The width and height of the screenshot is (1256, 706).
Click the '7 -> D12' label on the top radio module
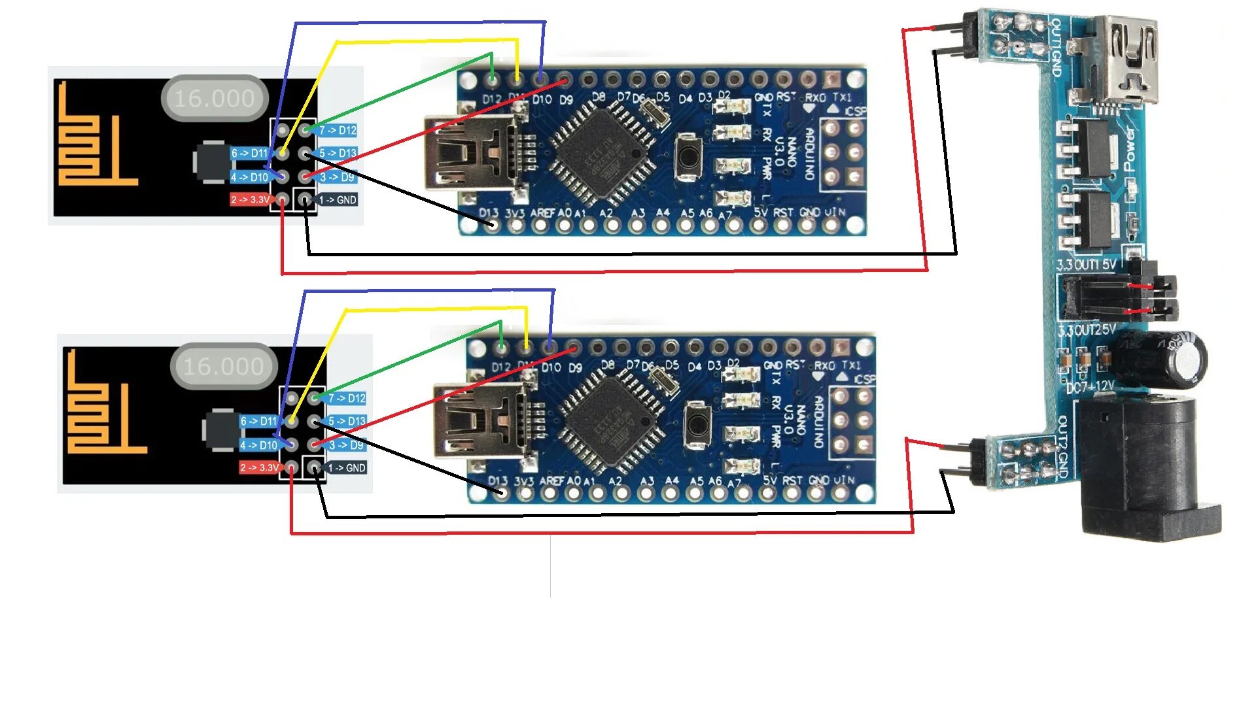(338, 131)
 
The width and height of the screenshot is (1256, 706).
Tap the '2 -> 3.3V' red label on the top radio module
(251, 199)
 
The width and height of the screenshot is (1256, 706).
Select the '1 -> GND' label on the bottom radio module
(347, 468)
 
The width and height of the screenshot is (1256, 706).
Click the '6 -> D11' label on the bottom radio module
(258, 422)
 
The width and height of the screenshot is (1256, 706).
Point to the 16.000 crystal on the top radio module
(215, 99)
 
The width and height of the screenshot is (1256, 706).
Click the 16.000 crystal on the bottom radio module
(224, 367)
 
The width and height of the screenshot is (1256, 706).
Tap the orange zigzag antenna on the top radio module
(92, 144)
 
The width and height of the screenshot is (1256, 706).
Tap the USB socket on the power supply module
(1122, 62)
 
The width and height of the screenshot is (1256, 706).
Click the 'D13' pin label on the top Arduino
(489, 213)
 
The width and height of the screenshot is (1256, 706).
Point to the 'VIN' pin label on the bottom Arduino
(844, 480)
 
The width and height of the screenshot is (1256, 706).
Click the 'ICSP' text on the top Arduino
(854, 112)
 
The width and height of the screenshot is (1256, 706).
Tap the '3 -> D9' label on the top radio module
(337, 177)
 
